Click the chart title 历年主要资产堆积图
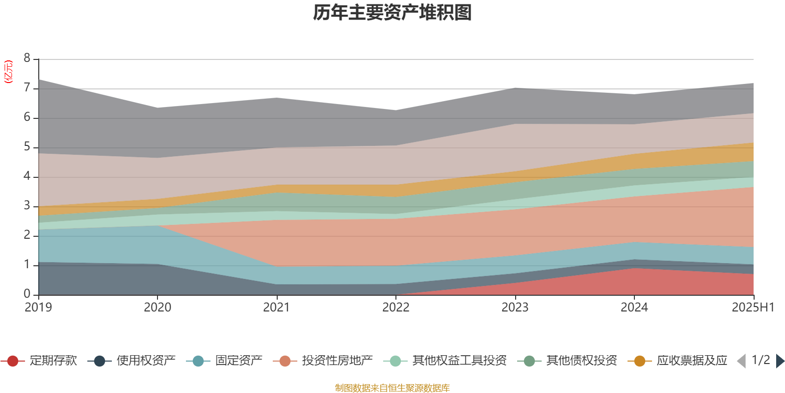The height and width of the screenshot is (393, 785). (x=392, y=13)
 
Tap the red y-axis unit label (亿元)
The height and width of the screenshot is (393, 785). (x=8, y=72)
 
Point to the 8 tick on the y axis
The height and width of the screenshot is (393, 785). (x=27, y=58)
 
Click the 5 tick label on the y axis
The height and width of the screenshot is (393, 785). (x=27, y=147)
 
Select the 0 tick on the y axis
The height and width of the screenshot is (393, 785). (x=27, y=294)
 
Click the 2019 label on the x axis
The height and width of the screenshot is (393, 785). (x=38, y=308)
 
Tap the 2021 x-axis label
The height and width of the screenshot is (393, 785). (x=277, y=308)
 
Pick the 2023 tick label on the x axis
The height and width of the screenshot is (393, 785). (x=515, y=308)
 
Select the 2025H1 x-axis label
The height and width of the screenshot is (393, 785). (x=752, y=308)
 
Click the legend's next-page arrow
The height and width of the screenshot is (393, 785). (x=780, y=361)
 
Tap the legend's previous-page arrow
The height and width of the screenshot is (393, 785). (x=741, y=361)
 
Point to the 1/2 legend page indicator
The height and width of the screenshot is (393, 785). (x=760, y=360)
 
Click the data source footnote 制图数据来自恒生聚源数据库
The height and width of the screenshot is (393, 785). (x=392, y=388)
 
